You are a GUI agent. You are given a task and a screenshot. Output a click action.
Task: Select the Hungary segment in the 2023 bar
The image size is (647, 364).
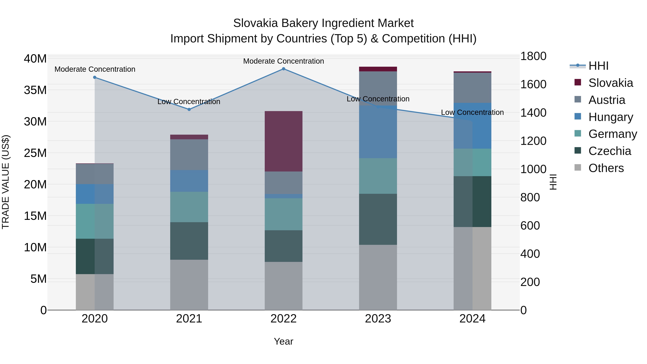[x=378, y=132]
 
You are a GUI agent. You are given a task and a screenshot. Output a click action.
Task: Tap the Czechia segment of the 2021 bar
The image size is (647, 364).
[x=189, y=241]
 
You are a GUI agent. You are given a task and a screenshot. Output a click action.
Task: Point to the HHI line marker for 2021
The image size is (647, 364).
[x=189, y=109]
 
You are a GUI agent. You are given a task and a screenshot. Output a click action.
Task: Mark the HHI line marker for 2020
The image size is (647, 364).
[x=95, y=77]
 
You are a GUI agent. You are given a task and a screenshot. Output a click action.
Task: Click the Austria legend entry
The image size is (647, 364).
[x=606, y=100]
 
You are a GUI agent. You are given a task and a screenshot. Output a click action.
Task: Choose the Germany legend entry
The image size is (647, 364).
[x=612, y=134]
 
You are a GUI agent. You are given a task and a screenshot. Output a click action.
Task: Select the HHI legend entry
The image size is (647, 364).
[x=598, y=66]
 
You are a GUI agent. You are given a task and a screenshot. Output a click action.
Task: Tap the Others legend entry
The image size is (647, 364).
[x=606, y=168]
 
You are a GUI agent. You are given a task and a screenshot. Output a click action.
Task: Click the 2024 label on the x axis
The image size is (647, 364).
[x=472, y=319]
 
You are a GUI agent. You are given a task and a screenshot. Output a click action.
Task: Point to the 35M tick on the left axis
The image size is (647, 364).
[x=35, y=90]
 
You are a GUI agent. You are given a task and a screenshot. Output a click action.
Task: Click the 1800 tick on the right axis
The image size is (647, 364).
[x=533, y=56]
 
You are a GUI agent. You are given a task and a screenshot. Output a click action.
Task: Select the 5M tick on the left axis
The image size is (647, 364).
[x=38, y=279]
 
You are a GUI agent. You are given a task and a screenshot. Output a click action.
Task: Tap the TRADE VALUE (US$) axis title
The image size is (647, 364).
[x=6, y=182]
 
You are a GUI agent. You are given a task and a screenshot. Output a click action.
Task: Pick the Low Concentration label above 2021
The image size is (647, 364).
[x=189, y=102]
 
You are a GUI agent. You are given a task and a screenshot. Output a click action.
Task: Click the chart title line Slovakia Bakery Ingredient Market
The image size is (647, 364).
[x=323, y=23]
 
